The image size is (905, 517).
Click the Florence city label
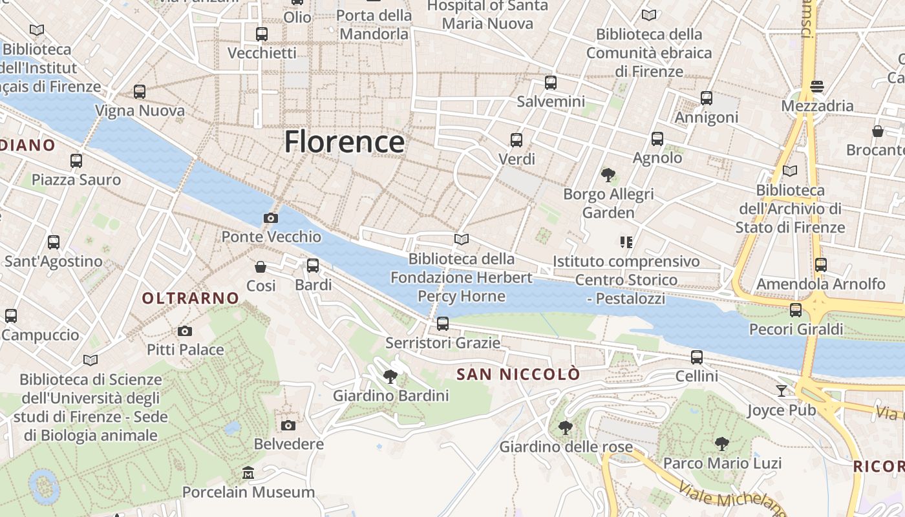click(345, 142)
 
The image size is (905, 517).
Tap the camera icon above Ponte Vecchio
click(271, 218)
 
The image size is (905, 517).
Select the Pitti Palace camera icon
click(185, 332)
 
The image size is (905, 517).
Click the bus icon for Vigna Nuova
click(140, 92)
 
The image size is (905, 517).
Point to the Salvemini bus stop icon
click(551, 83)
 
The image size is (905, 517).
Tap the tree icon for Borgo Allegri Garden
click(608, 174)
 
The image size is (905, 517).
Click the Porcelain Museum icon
click(248, 473)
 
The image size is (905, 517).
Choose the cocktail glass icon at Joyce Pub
click(782, 391)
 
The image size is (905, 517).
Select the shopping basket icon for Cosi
click(261, 267)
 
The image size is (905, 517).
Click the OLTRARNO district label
click(190, 298)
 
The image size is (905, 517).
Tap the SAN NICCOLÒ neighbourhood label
click(518, 374)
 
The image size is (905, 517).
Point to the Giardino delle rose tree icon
click(565, 427)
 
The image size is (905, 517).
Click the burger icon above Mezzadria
click(817, 87)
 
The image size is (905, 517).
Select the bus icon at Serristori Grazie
click(443, 324)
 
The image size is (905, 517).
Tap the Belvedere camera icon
click(288, 425)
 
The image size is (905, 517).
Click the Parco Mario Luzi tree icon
click(722, 444)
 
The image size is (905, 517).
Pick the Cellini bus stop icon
click(697, 357)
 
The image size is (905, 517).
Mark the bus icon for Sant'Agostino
click(54, 242)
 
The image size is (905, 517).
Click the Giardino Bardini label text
click(390, 396)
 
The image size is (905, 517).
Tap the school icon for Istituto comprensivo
click(626, 242)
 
